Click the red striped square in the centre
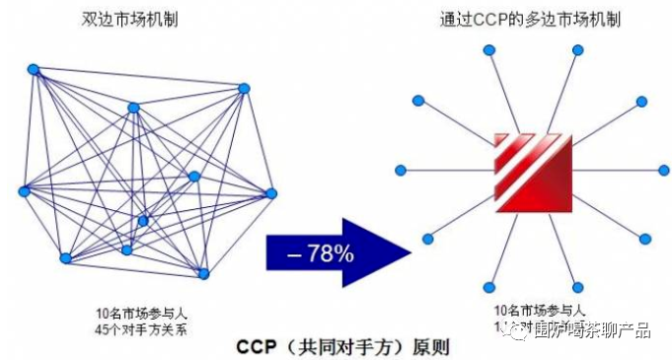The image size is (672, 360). [x=533, y=171]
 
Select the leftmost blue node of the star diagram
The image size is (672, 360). [x=401, y=171]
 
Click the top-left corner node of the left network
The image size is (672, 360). [x=34, y=69]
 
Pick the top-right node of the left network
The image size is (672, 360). [x=244, y=89]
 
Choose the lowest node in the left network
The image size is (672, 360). [x=203, y=273]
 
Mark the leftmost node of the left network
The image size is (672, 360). [x=23, y=191]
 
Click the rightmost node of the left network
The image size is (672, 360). [x=271, y=192]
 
